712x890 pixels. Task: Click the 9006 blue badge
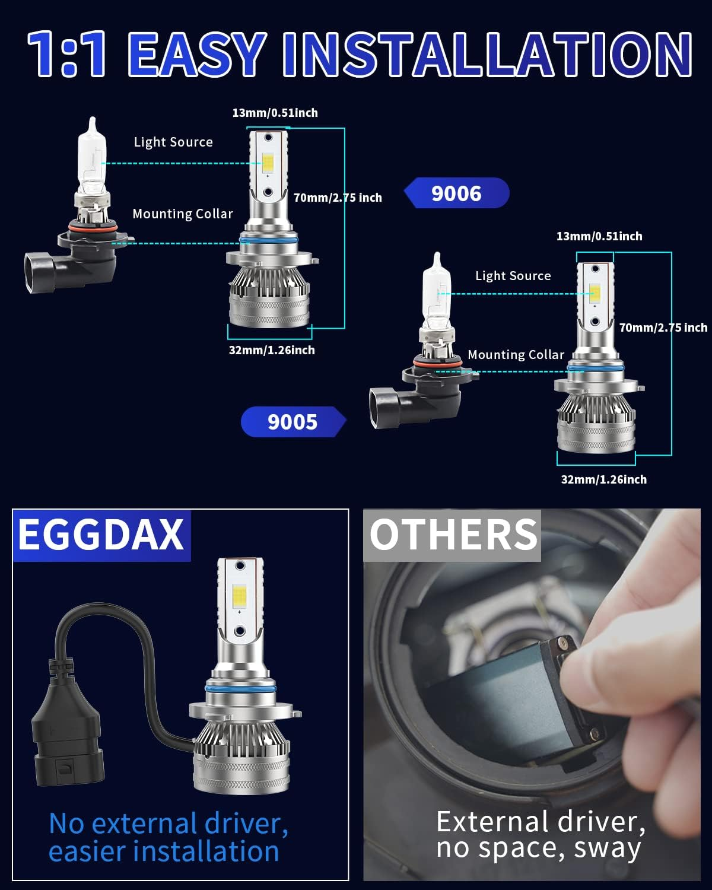pyautogui.click(x=456, y=193)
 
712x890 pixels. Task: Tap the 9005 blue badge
pyautogui.click(x=293, y=422)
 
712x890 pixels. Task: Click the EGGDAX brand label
pyautogui.click(x=101, y=535)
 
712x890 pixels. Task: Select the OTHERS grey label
pyautogui.click(x=453, y=535)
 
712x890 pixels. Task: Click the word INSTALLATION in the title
pyautogui.click(x=487, y=55)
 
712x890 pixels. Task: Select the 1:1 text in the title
pyautogui.click(x=67, y=55)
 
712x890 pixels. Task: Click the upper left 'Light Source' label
pyautogui.click(x=173, y=142)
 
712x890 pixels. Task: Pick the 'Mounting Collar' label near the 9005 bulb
pyautogui.click(x=516, y=355)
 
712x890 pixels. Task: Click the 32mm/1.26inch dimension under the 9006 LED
pyautogui.click(x=272, y=350)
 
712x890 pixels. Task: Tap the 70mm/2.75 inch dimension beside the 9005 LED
pyautogui.click(x=663, y=328)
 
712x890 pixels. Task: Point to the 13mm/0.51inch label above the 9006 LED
pyautogui.click(x=275, y=113)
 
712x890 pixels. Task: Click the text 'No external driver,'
pyautogui.click(x=169, y=824)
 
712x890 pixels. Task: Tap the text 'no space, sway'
pyautogui.click(x=538, y=848)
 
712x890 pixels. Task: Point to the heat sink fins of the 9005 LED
pyautogui.click(x=593, y=409)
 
